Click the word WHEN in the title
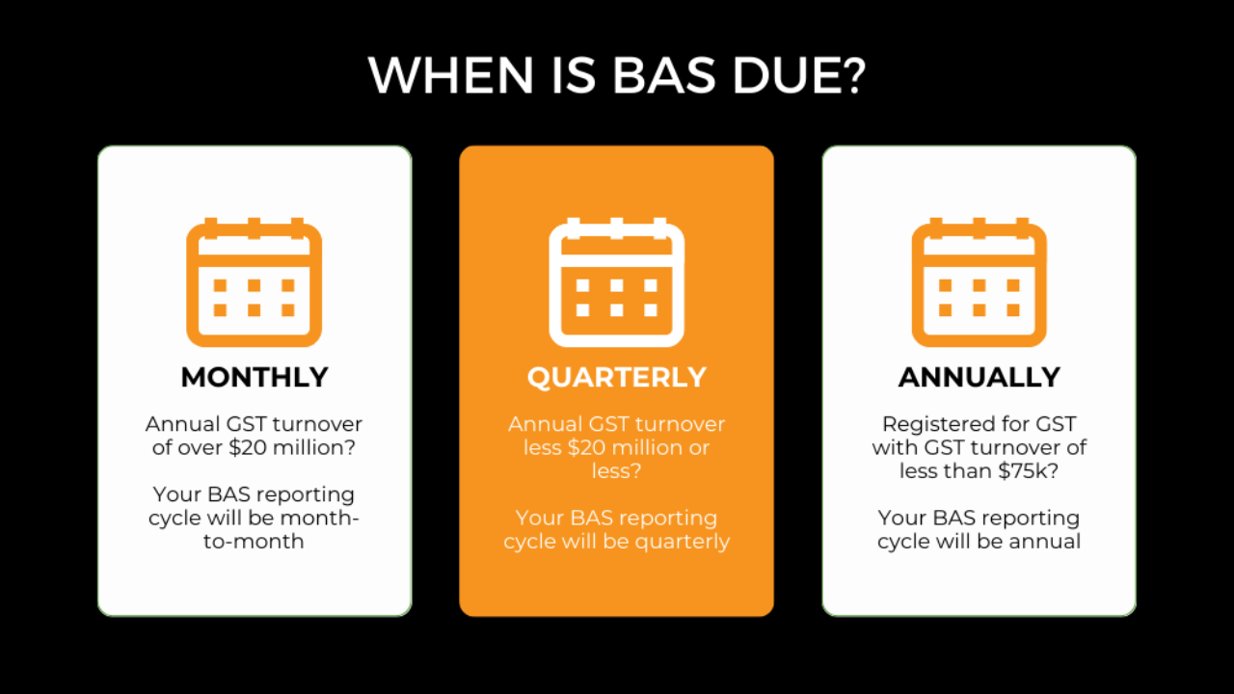tap(451, 75)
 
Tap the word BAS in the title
tap(664, 75)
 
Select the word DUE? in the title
tap(799, 75)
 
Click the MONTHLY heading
tap(255, 377)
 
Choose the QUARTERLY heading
tap(616, 378)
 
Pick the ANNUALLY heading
tap(979, 377)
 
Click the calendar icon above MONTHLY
tap(254, 282)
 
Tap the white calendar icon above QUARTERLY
tap(616, 282)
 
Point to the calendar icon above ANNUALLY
tap(979, 282)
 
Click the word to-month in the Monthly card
tap(254, 542)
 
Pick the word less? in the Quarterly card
tap(616, 471)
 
